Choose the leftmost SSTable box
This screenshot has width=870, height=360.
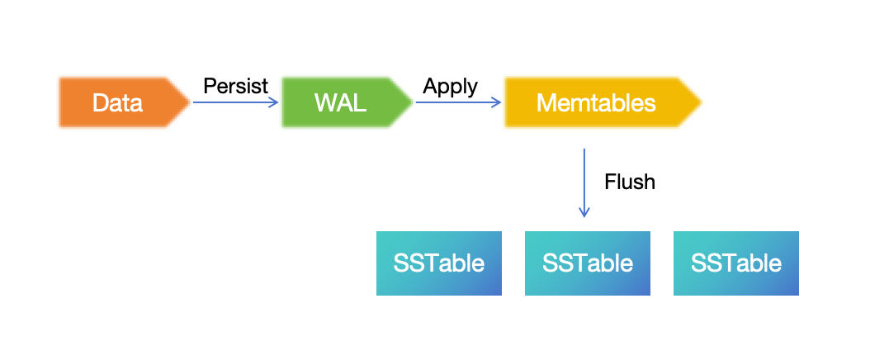point(439,263)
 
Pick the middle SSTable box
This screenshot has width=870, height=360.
point(588,263)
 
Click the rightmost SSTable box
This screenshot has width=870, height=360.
point(736,263)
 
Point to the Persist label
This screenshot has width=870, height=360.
point(235,86)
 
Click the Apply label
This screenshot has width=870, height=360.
point(450,86)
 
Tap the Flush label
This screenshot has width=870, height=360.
point(630,182)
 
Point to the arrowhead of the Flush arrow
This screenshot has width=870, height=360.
point(584,213)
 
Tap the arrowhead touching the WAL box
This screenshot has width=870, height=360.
point(276,103)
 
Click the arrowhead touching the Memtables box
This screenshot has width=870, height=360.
point(498,103)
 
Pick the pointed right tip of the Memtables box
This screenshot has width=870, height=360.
point(699,103)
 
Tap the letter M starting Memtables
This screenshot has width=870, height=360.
point(546,103)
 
